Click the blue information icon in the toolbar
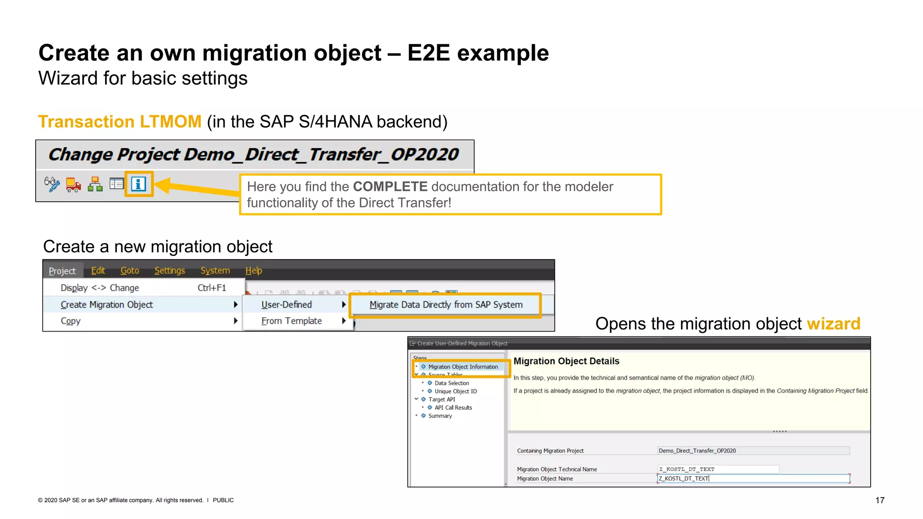pyautogui.click(x=139, y=184)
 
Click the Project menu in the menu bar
pyautogui.click(x=62, y=271)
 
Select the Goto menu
pyautogui.click(x=129, y=270)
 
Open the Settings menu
pyautogui.click(x=169, y=270)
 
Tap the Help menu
pyautogui.click(x=253, y=270)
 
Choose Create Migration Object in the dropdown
pyautogui.click(x=107, y=305)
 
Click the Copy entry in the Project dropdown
pyautogui.click(x=71, y=321)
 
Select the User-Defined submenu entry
pyautogui.click(x=287, y=305)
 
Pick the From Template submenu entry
pyautogui.click(x=292, y=321)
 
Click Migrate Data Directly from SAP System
pyautogui.click(x=446, y=305)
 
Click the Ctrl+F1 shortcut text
pyautogui.click(x=211, y=287)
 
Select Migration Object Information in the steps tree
pyautogui.click(x=463, y=367)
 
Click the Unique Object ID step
pyautogui.click(x=455, y=391)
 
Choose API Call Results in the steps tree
pyautogui.click(x=453, y=407)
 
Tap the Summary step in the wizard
pyautogui.click(x=440, y=416)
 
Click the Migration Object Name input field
pyautogui.click(x=753, y=478)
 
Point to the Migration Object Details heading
pyautogui.click(x=566, y=361)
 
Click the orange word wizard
pyautogui.click(x=833, y=323)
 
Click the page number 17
pyautogui.click(x=879, y=500)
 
